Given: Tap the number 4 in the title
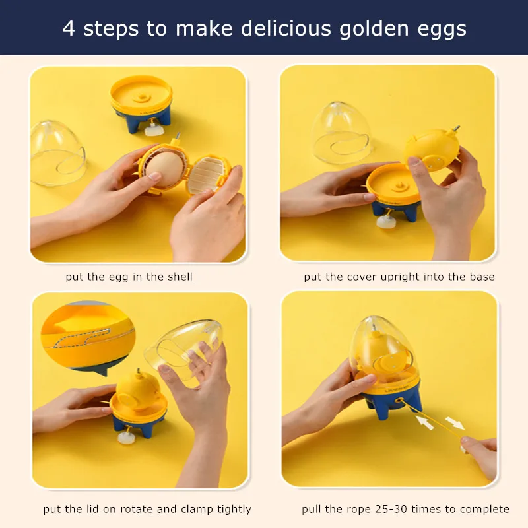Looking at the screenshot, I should (69, 29).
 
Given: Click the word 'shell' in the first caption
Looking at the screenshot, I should (178, 277).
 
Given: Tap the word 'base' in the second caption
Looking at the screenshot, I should (480, 277).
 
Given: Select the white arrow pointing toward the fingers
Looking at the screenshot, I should (454, 422).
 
